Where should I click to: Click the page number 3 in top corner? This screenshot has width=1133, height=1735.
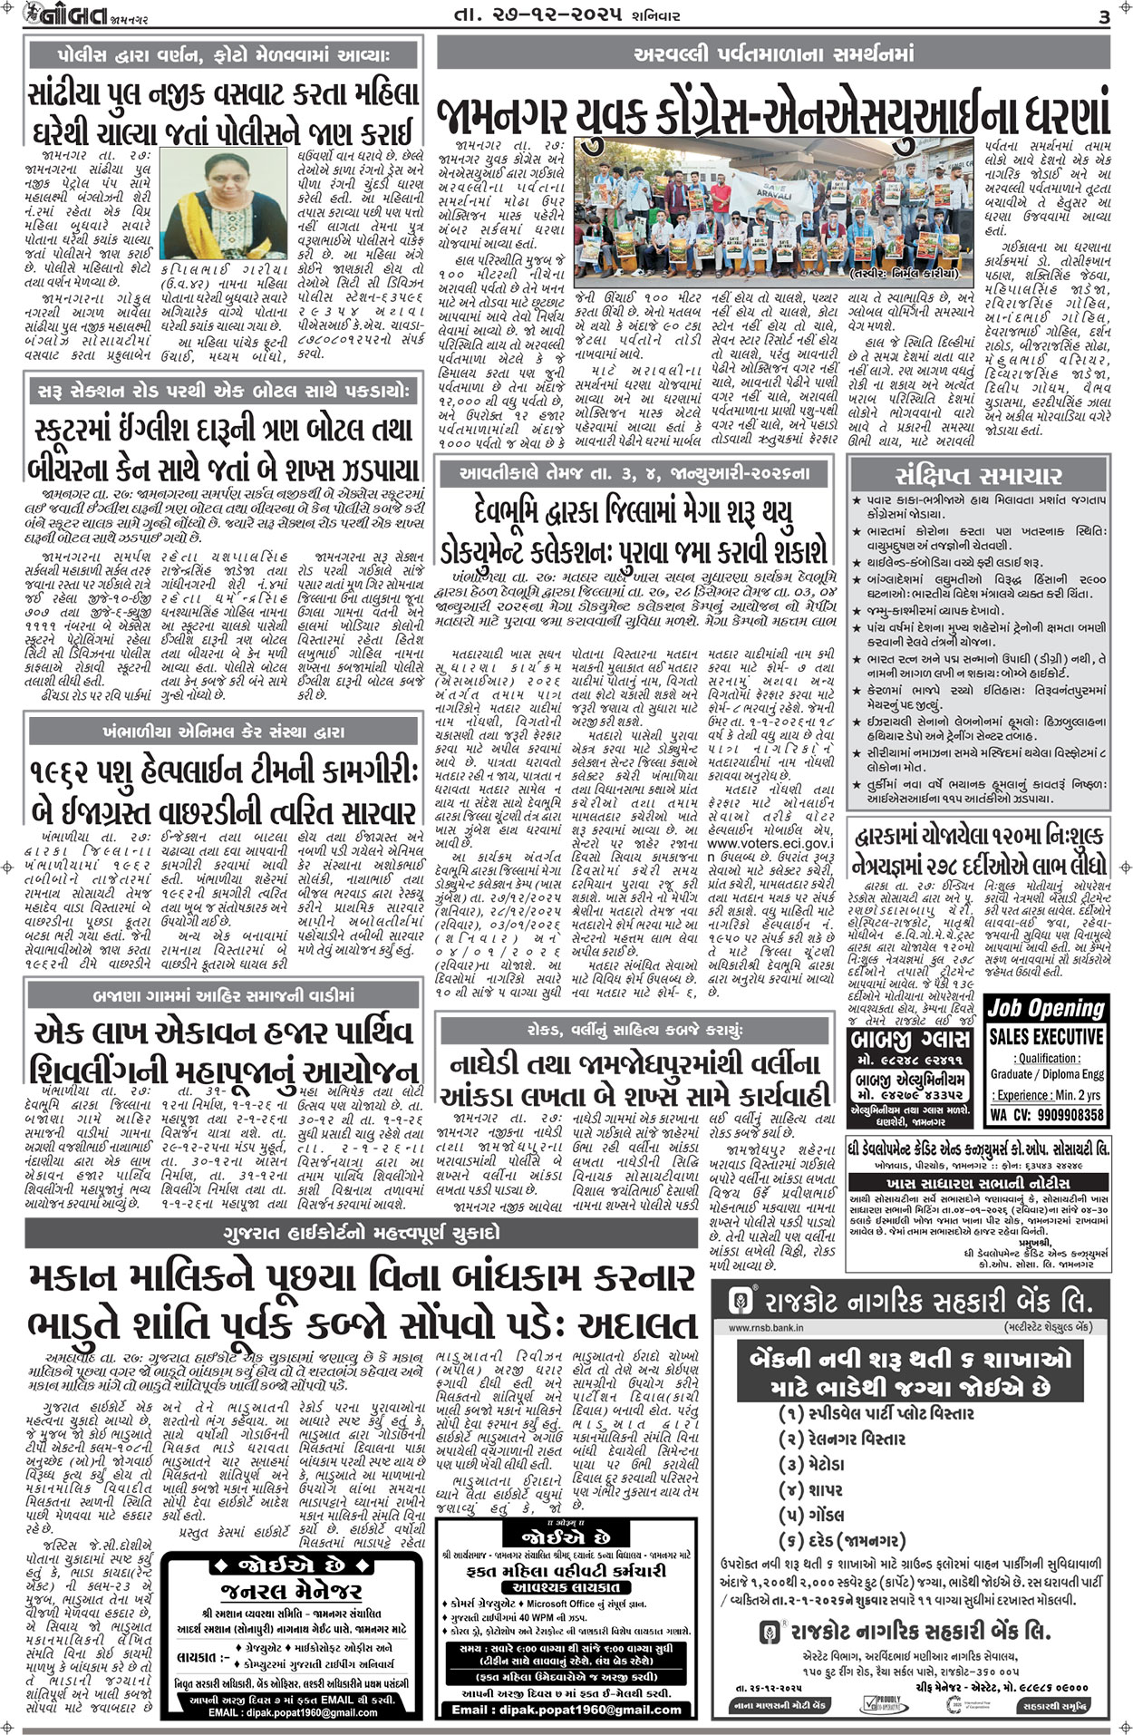tap(1103, 17)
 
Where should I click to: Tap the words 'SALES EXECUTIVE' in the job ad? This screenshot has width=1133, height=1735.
tap(1046, 1035)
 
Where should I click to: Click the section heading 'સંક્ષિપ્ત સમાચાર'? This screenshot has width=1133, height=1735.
tap(978, 476)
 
